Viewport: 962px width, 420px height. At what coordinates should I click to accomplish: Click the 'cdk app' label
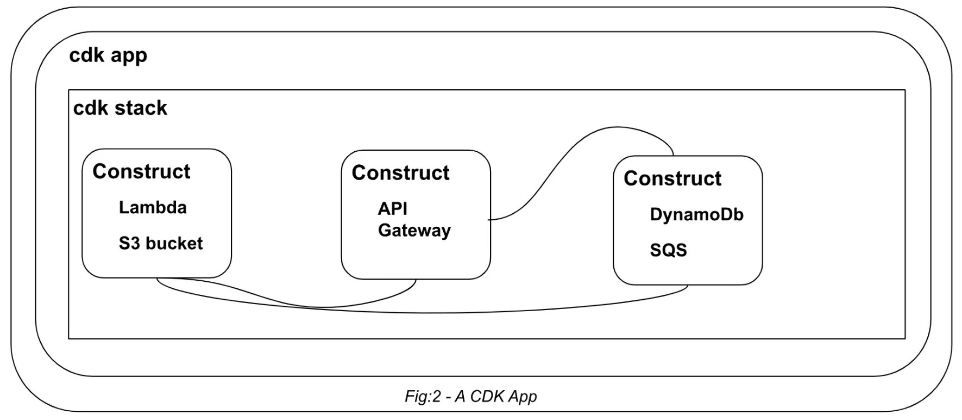pos(108,55)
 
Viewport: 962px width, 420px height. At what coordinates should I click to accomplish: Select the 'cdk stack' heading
pos(120,108)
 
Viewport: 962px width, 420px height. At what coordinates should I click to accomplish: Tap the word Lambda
pos(153,207)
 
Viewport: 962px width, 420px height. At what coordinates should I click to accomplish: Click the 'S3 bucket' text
pos(160,243)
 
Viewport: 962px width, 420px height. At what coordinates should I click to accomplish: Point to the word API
pos(392,208)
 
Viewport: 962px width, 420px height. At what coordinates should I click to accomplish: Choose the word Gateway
pos(414,230)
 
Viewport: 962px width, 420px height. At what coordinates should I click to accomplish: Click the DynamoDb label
pos(696,214)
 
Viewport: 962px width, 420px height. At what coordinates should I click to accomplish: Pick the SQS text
pos(668,250)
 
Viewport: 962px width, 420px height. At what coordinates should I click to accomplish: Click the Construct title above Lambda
pos(141,171)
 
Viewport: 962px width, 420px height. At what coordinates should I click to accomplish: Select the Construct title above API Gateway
pos(400,173)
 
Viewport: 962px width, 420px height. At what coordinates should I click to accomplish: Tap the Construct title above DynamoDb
pos(672,178)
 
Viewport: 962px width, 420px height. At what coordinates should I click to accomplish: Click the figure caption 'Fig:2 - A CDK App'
pos(470,396)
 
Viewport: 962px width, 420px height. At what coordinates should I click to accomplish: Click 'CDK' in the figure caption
pos(487,396)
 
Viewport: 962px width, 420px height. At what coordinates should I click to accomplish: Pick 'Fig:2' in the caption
pos(423,396)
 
